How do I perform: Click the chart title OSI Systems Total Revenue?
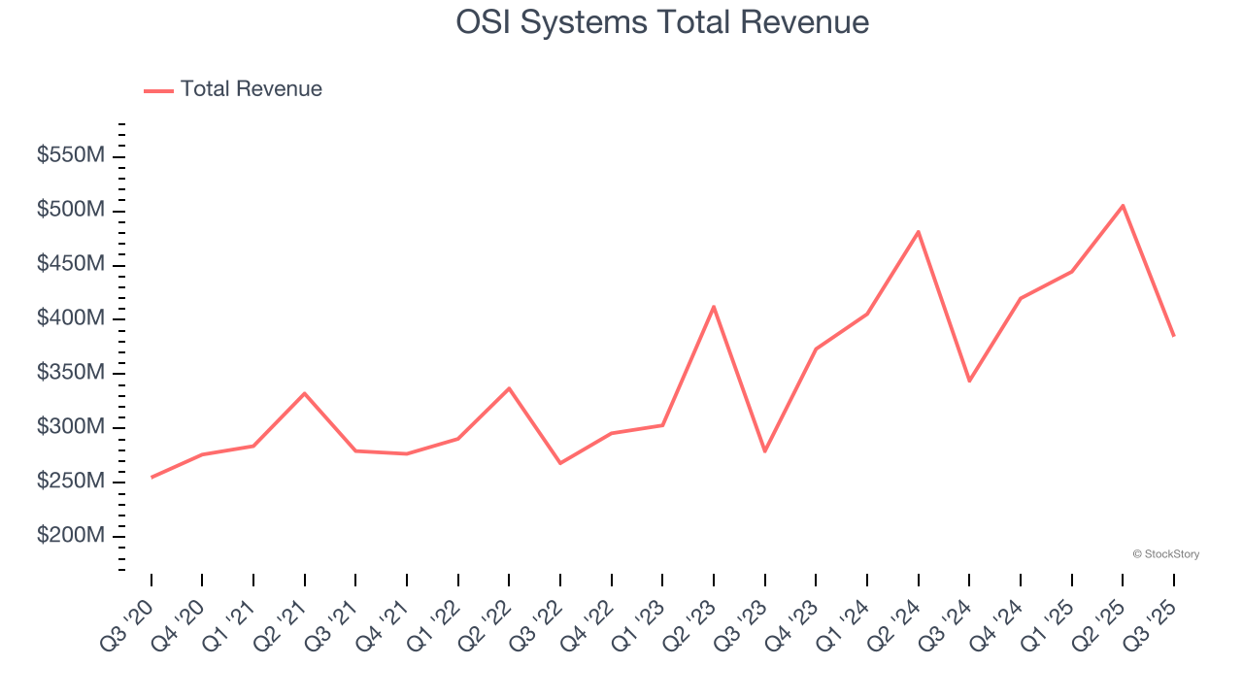pyautogui.click(x=662, y=21)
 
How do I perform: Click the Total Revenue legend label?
pyautogui.click(x=251, y=89)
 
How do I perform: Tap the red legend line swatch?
pyautogui.click(x=158, y=90)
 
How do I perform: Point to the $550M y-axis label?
pyautogui.click(x=71, y=156)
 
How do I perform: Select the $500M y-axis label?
pyautogui.click(x=71, y=211)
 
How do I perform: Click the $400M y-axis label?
pyautogui.click(x=71, y=319)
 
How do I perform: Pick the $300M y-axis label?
pyautogui.click(x=71, y=428)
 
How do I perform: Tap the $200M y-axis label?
pyautogui.click(x=71, y=537)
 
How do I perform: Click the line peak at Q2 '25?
pyautogui.click(x=1123, y=206)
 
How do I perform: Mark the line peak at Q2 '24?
pyautogui.click(x=918, y=232)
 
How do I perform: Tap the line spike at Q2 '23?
pyautogui.click(x=714, y=307)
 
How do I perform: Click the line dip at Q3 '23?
pyautogui.click(x=765, y=450)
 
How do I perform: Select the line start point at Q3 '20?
pyautogui.click(x=151, y=477)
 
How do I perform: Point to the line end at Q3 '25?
pyautogui.click(x=1173, y=335)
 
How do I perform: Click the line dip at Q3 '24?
pyautogui.click(x=969, y=381)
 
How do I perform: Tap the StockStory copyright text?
pyautogui.click(x=1165, y=554)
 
